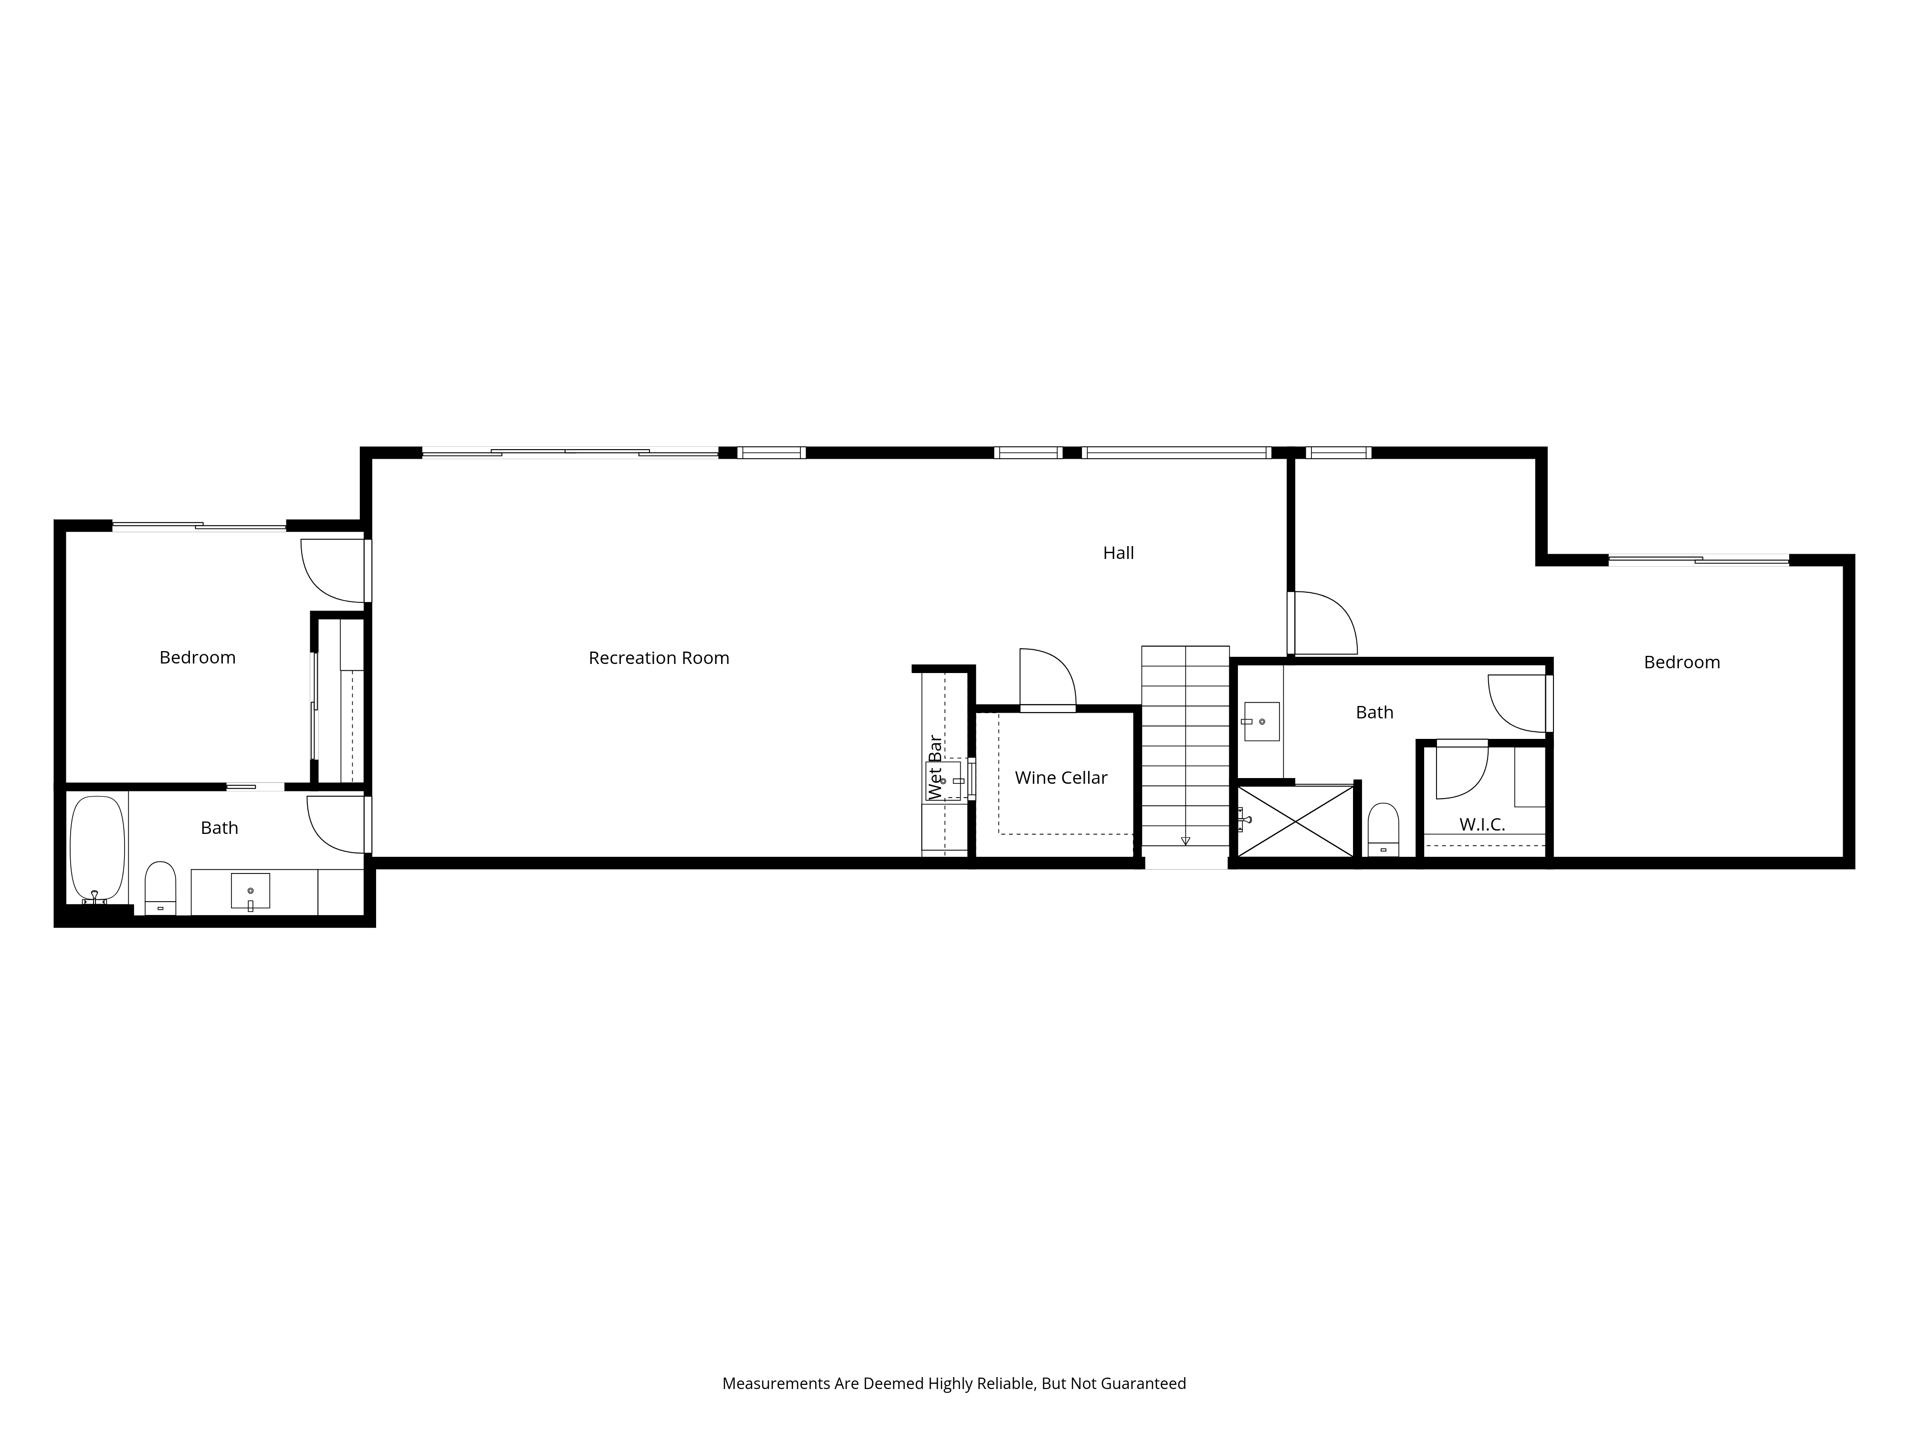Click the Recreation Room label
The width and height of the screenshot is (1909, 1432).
[x=659, y=658]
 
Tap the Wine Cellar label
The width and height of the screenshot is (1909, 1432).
[x=1060, y=778]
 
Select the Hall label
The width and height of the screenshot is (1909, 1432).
[x=1119, y=552]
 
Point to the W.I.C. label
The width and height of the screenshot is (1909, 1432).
[x=1482, y=824]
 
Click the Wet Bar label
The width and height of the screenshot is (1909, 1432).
[x=934, y=768]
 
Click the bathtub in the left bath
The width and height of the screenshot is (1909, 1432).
[x=97, y=848]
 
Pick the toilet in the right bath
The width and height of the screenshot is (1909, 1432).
[x=1384, y=830]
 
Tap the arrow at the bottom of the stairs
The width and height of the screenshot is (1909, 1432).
[x=1185, y=841]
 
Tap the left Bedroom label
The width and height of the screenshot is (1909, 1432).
[x=198, y=658]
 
